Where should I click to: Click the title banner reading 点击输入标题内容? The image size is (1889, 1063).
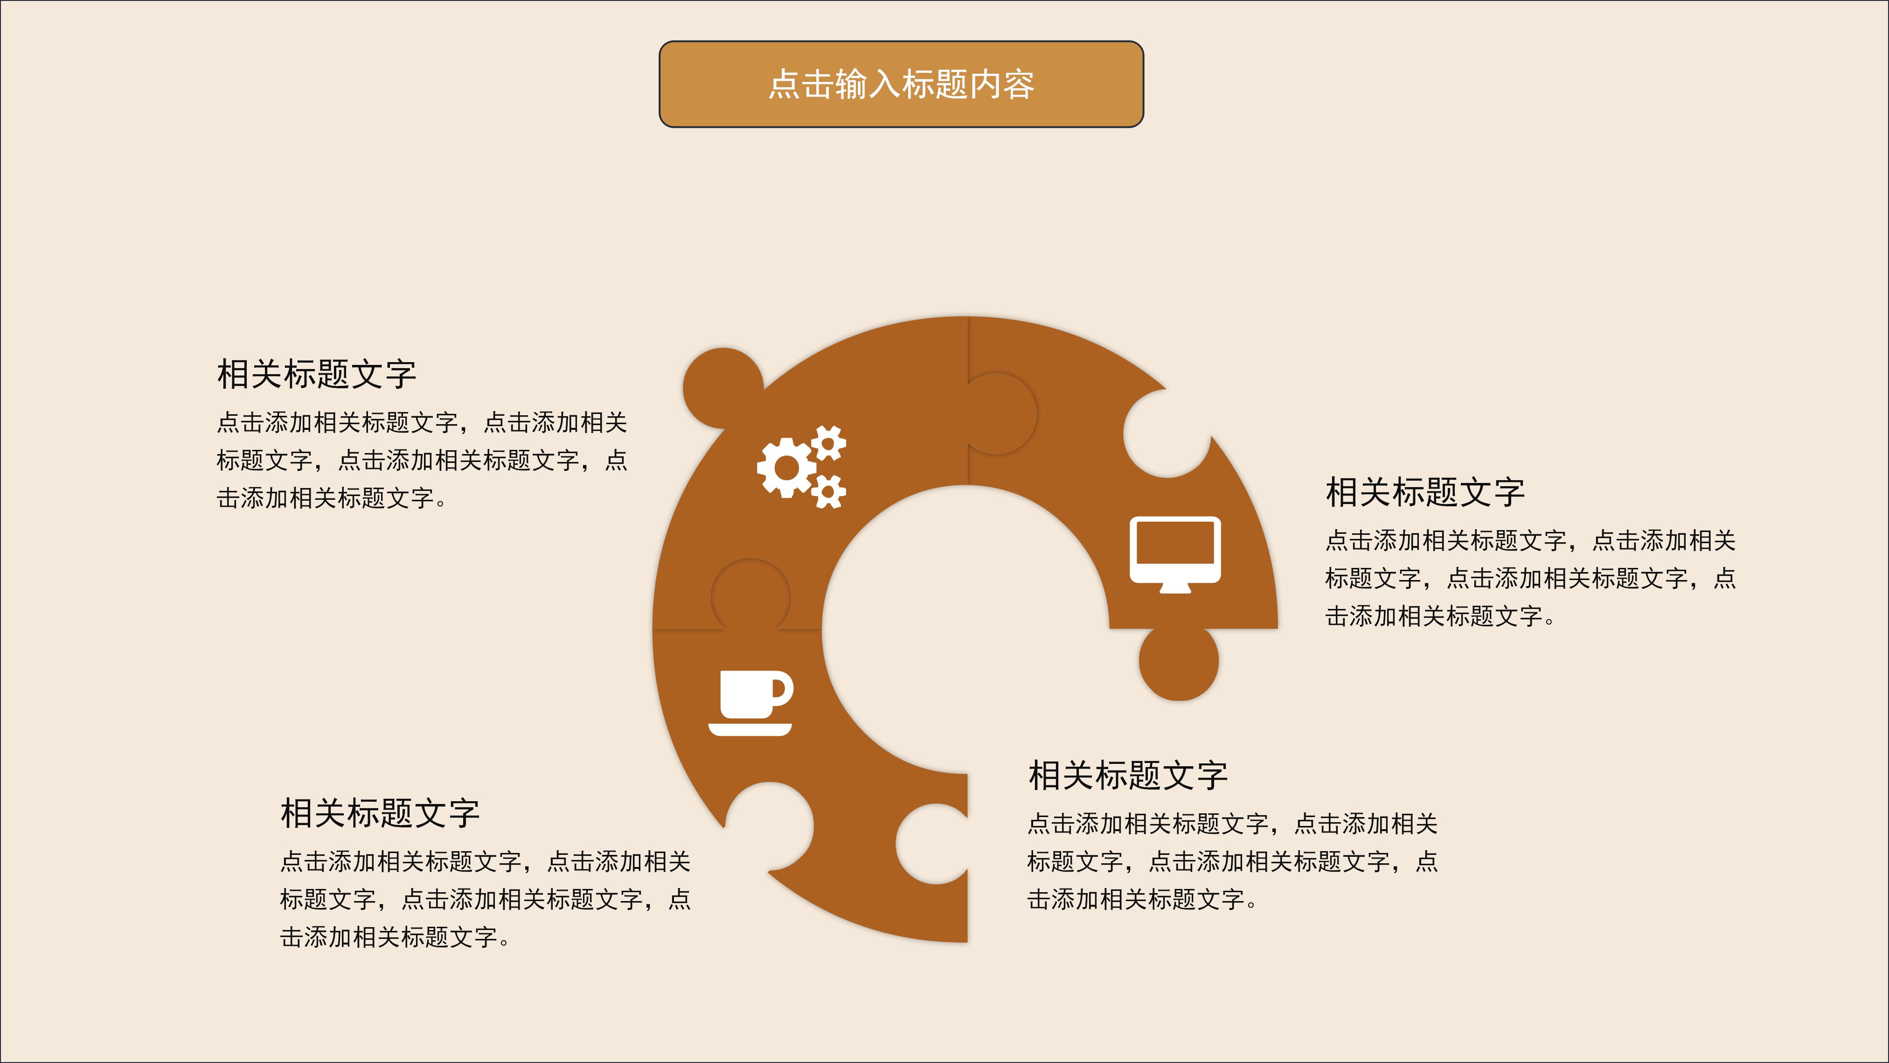tap(901, 84)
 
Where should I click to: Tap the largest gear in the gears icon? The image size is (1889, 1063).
tap(785, 467)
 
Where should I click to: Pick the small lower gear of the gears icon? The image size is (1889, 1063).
tap(829, 491)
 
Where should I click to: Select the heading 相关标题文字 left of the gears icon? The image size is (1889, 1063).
tap(316, 374)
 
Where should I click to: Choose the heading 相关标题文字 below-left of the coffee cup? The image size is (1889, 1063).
tap(380, 813)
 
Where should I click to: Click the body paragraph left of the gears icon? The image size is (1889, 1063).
tap(422, 460)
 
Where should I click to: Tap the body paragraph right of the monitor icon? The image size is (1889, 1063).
tap(1530, 578)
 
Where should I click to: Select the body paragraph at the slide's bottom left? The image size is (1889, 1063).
tap(485, 899)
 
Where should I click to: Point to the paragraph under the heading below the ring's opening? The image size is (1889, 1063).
tap(1232, 861)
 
